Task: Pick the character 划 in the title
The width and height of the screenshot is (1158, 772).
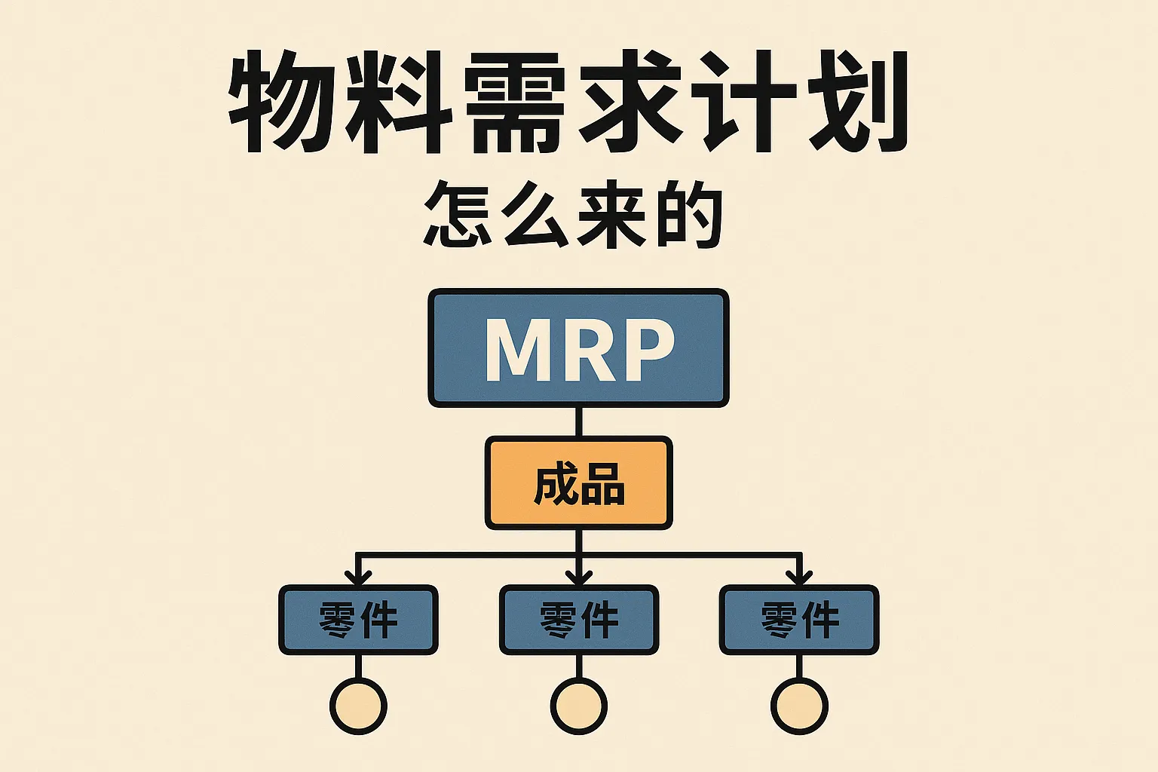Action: (857, 102)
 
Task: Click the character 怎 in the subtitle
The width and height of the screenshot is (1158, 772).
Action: (458, 214)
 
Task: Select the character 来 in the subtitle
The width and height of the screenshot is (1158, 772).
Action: (611, 214)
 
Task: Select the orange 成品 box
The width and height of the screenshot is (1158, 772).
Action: (578, 483)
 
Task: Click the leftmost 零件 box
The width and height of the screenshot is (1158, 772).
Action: (358, 620)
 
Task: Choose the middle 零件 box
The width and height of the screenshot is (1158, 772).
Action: (578, 620)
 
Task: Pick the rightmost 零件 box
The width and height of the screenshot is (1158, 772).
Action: (799, 620)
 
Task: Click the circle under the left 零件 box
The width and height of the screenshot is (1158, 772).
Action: (358, 706)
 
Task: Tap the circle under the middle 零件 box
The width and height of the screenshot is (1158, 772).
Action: (578, 706)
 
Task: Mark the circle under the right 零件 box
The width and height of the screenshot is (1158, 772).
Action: (799, 706)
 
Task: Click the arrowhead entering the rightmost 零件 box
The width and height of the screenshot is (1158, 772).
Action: (799, 578)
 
